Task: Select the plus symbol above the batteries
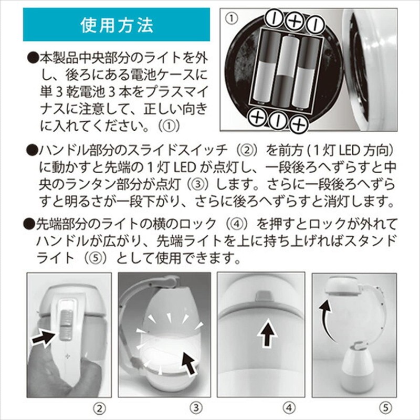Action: pos(295,21)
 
